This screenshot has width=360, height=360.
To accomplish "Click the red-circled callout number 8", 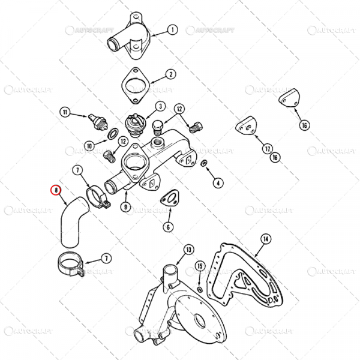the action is coord(56,190).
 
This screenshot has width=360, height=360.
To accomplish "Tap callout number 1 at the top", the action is coord(172,30).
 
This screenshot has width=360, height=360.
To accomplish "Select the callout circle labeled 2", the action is coord(171,74).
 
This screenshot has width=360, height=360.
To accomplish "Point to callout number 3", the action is coord(160,106).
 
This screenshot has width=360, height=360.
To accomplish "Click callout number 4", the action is coord(218,183).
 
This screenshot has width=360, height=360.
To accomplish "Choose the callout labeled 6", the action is coord(168,227).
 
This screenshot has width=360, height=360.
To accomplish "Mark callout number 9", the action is coord(125,207).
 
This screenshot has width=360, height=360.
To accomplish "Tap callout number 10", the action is coord(89,146).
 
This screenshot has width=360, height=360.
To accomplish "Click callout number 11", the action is coord(65,112).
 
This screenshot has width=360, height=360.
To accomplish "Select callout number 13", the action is coord(189,250).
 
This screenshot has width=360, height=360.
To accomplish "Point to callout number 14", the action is coord(266,239).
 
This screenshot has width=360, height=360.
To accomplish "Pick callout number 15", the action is coord(200,266).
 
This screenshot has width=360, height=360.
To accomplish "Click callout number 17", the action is coord(268,149).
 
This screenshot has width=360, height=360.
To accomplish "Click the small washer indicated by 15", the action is coord(200,289).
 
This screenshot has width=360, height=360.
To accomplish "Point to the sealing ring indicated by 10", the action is coord(113,134).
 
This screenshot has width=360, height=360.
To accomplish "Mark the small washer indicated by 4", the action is coord(203,163).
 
